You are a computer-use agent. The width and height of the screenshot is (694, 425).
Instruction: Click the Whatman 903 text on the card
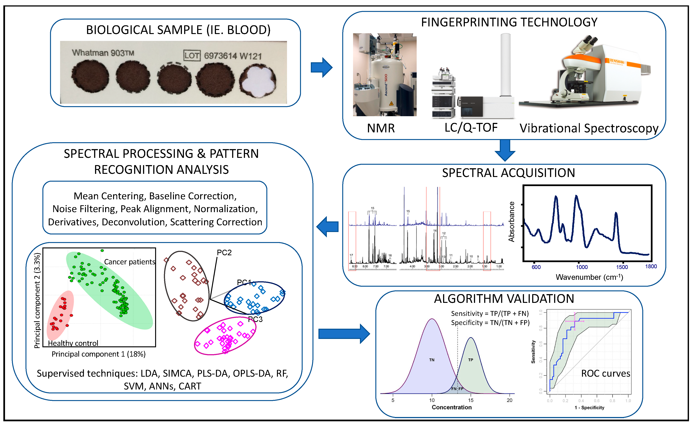[103, 53]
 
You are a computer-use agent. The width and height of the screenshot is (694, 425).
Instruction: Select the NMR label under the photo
[381, 128]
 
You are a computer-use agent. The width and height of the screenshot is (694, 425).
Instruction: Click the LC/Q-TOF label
[471, 128]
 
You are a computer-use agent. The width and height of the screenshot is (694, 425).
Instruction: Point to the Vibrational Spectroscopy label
[589, 128]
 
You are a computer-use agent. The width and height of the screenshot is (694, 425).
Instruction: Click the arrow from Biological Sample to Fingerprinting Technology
[322, 67]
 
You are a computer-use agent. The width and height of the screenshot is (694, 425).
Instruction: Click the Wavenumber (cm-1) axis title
[589, 277]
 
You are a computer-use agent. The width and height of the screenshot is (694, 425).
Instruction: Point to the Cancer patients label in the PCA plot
[130, 262]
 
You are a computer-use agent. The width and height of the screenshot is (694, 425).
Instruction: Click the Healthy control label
[73, 343]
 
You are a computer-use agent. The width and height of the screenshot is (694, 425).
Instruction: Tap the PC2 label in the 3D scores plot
[224, 253]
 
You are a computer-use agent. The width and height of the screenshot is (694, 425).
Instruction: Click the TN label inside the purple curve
[432, 360]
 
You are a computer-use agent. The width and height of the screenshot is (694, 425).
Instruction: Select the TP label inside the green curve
[471, 360]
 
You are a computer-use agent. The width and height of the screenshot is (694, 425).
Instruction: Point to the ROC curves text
[606, 374]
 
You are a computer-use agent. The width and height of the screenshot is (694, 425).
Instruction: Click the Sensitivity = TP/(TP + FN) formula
[490, 313]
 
